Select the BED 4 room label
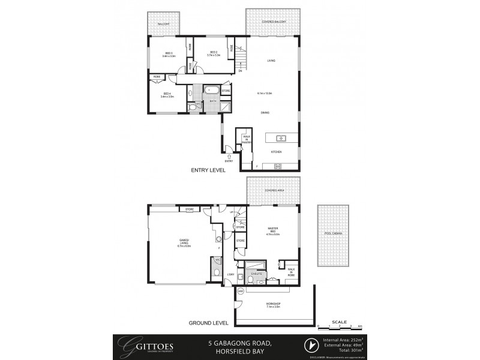point(167,95)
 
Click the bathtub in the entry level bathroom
point(211,91)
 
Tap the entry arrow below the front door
point(229,156)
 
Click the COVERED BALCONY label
point(273,22)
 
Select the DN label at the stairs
point(240,71)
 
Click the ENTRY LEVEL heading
point(208,170)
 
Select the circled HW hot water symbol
point(240,291)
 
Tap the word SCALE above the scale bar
point(339,322)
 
